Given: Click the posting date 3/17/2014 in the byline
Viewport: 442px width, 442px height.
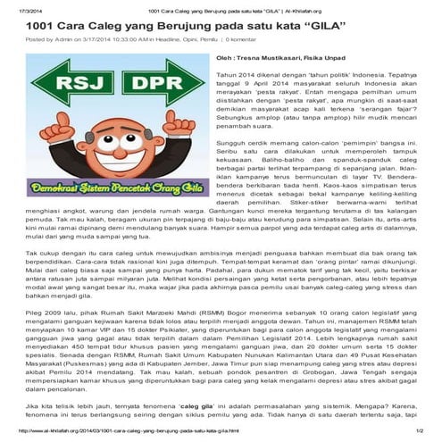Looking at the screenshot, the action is (96, 40).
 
